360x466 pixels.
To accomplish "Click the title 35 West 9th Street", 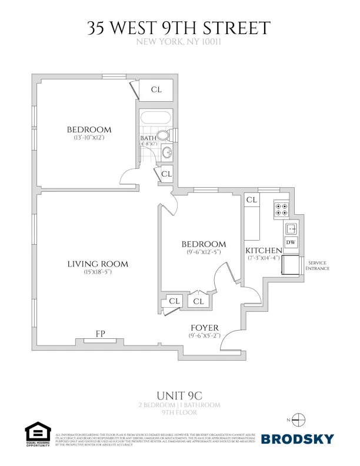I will pos(179,28).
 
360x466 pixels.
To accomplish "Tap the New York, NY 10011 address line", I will pos(179,42).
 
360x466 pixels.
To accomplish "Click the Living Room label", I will pos(98,264).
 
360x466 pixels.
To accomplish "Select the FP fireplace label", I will pos(100,334).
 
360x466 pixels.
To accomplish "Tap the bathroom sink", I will pos(166,154).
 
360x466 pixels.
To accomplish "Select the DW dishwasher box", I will pos(291,242).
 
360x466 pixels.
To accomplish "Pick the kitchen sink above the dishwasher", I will pos(291,228).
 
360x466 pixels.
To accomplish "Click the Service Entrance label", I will pos(317,265).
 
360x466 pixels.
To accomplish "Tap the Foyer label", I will pos(204,328).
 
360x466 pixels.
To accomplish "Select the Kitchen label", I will pos(264,251).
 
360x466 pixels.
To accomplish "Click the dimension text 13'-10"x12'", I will pos(89,138).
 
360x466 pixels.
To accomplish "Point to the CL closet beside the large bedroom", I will pos(156,90).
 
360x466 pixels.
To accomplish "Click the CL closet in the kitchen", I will pos(252,201).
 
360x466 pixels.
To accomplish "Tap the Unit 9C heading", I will pos(179,395).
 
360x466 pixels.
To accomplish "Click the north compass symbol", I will pos(299,420).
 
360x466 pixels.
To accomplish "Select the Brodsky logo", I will pos(297,438).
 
